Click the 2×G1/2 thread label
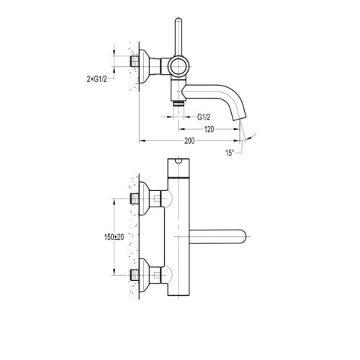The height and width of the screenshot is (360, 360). [x=96, y=79]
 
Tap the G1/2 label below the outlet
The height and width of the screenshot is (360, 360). [x=204, y=117]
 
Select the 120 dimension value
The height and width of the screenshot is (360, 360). [x=209, y=130]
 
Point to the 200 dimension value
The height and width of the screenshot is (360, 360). [x=189, y=141]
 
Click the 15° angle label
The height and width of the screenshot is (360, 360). [x=230, y=153]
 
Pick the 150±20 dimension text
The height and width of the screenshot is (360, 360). [x=114, y=237]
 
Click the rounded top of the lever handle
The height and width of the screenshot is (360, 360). [x=179, y=20]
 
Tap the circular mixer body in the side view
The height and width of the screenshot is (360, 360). [x=179, y=66]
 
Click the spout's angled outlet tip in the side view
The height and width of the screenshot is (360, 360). [x=239, y=119]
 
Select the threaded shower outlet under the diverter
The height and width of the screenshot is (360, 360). [x=179, y=103]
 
